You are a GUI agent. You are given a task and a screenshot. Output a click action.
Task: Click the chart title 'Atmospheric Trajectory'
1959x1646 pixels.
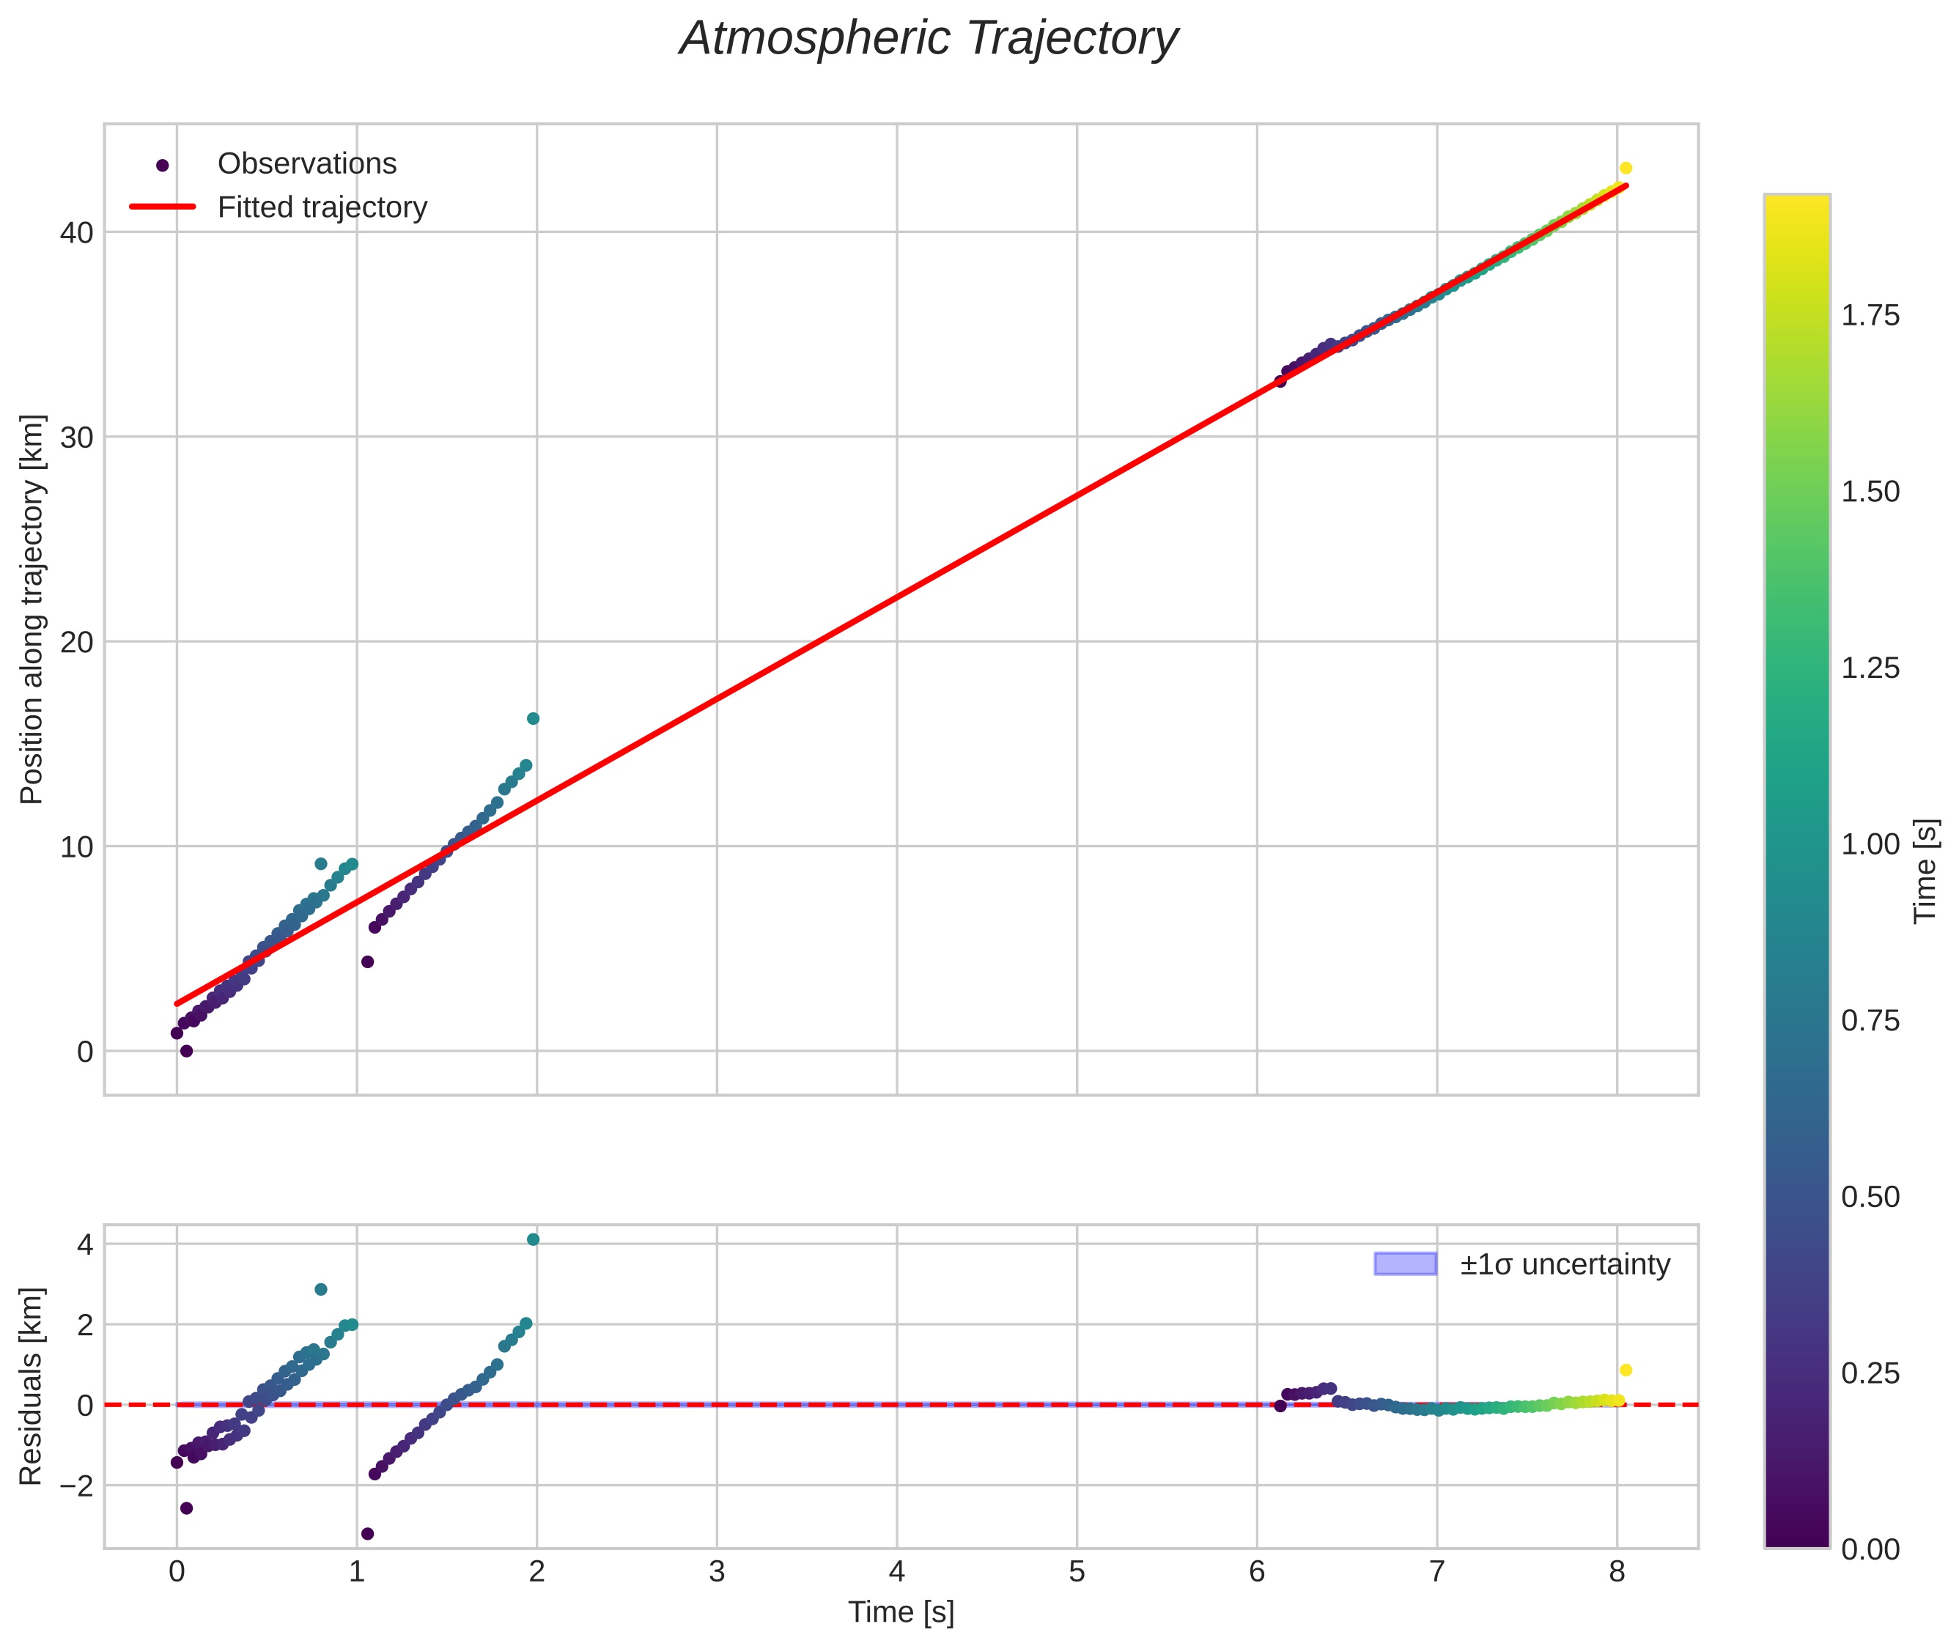click(x=929, y=39)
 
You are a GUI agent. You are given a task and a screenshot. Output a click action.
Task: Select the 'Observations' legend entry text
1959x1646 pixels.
click(x=307, y=164)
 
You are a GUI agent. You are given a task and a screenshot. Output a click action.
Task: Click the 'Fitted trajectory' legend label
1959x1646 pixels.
click(x=322, y=207)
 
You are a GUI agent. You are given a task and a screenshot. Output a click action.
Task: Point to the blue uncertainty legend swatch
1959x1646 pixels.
click(x=1405, y=1264)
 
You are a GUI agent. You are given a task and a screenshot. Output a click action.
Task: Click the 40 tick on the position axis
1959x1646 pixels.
click(x=76, y=232)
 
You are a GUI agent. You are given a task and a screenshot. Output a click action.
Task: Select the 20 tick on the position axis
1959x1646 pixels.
click(x=76, y=642)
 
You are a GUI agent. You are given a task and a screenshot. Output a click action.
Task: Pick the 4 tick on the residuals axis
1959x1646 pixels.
click(x=85, y=1245)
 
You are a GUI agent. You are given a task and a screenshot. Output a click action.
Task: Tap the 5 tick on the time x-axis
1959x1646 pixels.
click(x=1077, y=1572)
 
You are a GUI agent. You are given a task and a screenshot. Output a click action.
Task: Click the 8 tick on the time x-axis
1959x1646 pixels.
click(x=1617, y=1572)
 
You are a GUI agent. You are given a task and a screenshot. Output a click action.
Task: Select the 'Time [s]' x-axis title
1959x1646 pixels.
click(x=901, y=1612)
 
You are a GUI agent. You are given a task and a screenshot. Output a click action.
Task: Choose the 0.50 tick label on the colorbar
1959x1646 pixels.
click(x=1870, y=1197)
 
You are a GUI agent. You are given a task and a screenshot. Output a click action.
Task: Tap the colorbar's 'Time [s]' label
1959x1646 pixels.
click(x=1925, y=871)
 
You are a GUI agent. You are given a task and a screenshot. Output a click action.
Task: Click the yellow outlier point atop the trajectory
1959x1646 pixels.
click(x=1626, y=168)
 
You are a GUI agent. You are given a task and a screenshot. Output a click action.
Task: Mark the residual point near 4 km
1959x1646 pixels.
click(x=533, y=1240)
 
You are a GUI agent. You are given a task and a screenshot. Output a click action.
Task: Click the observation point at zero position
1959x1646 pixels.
click(x=187, y=1051)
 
